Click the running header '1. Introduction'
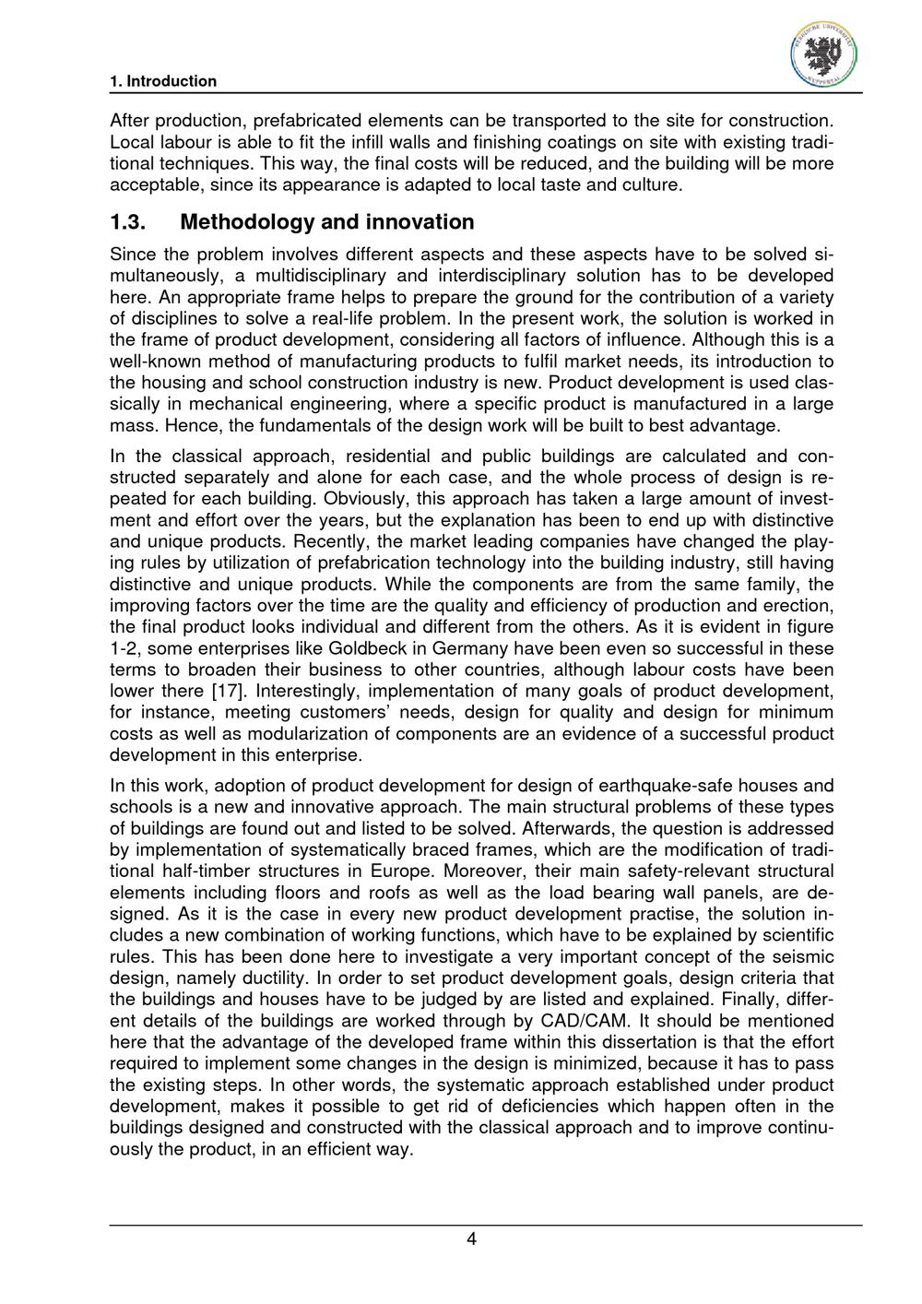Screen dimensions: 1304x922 [163, 81]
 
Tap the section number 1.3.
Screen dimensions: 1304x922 [129, 222]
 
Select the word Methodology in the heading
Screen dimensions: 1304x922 [246, 222]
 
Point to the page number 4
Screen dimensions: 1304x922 [471, 1239]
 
